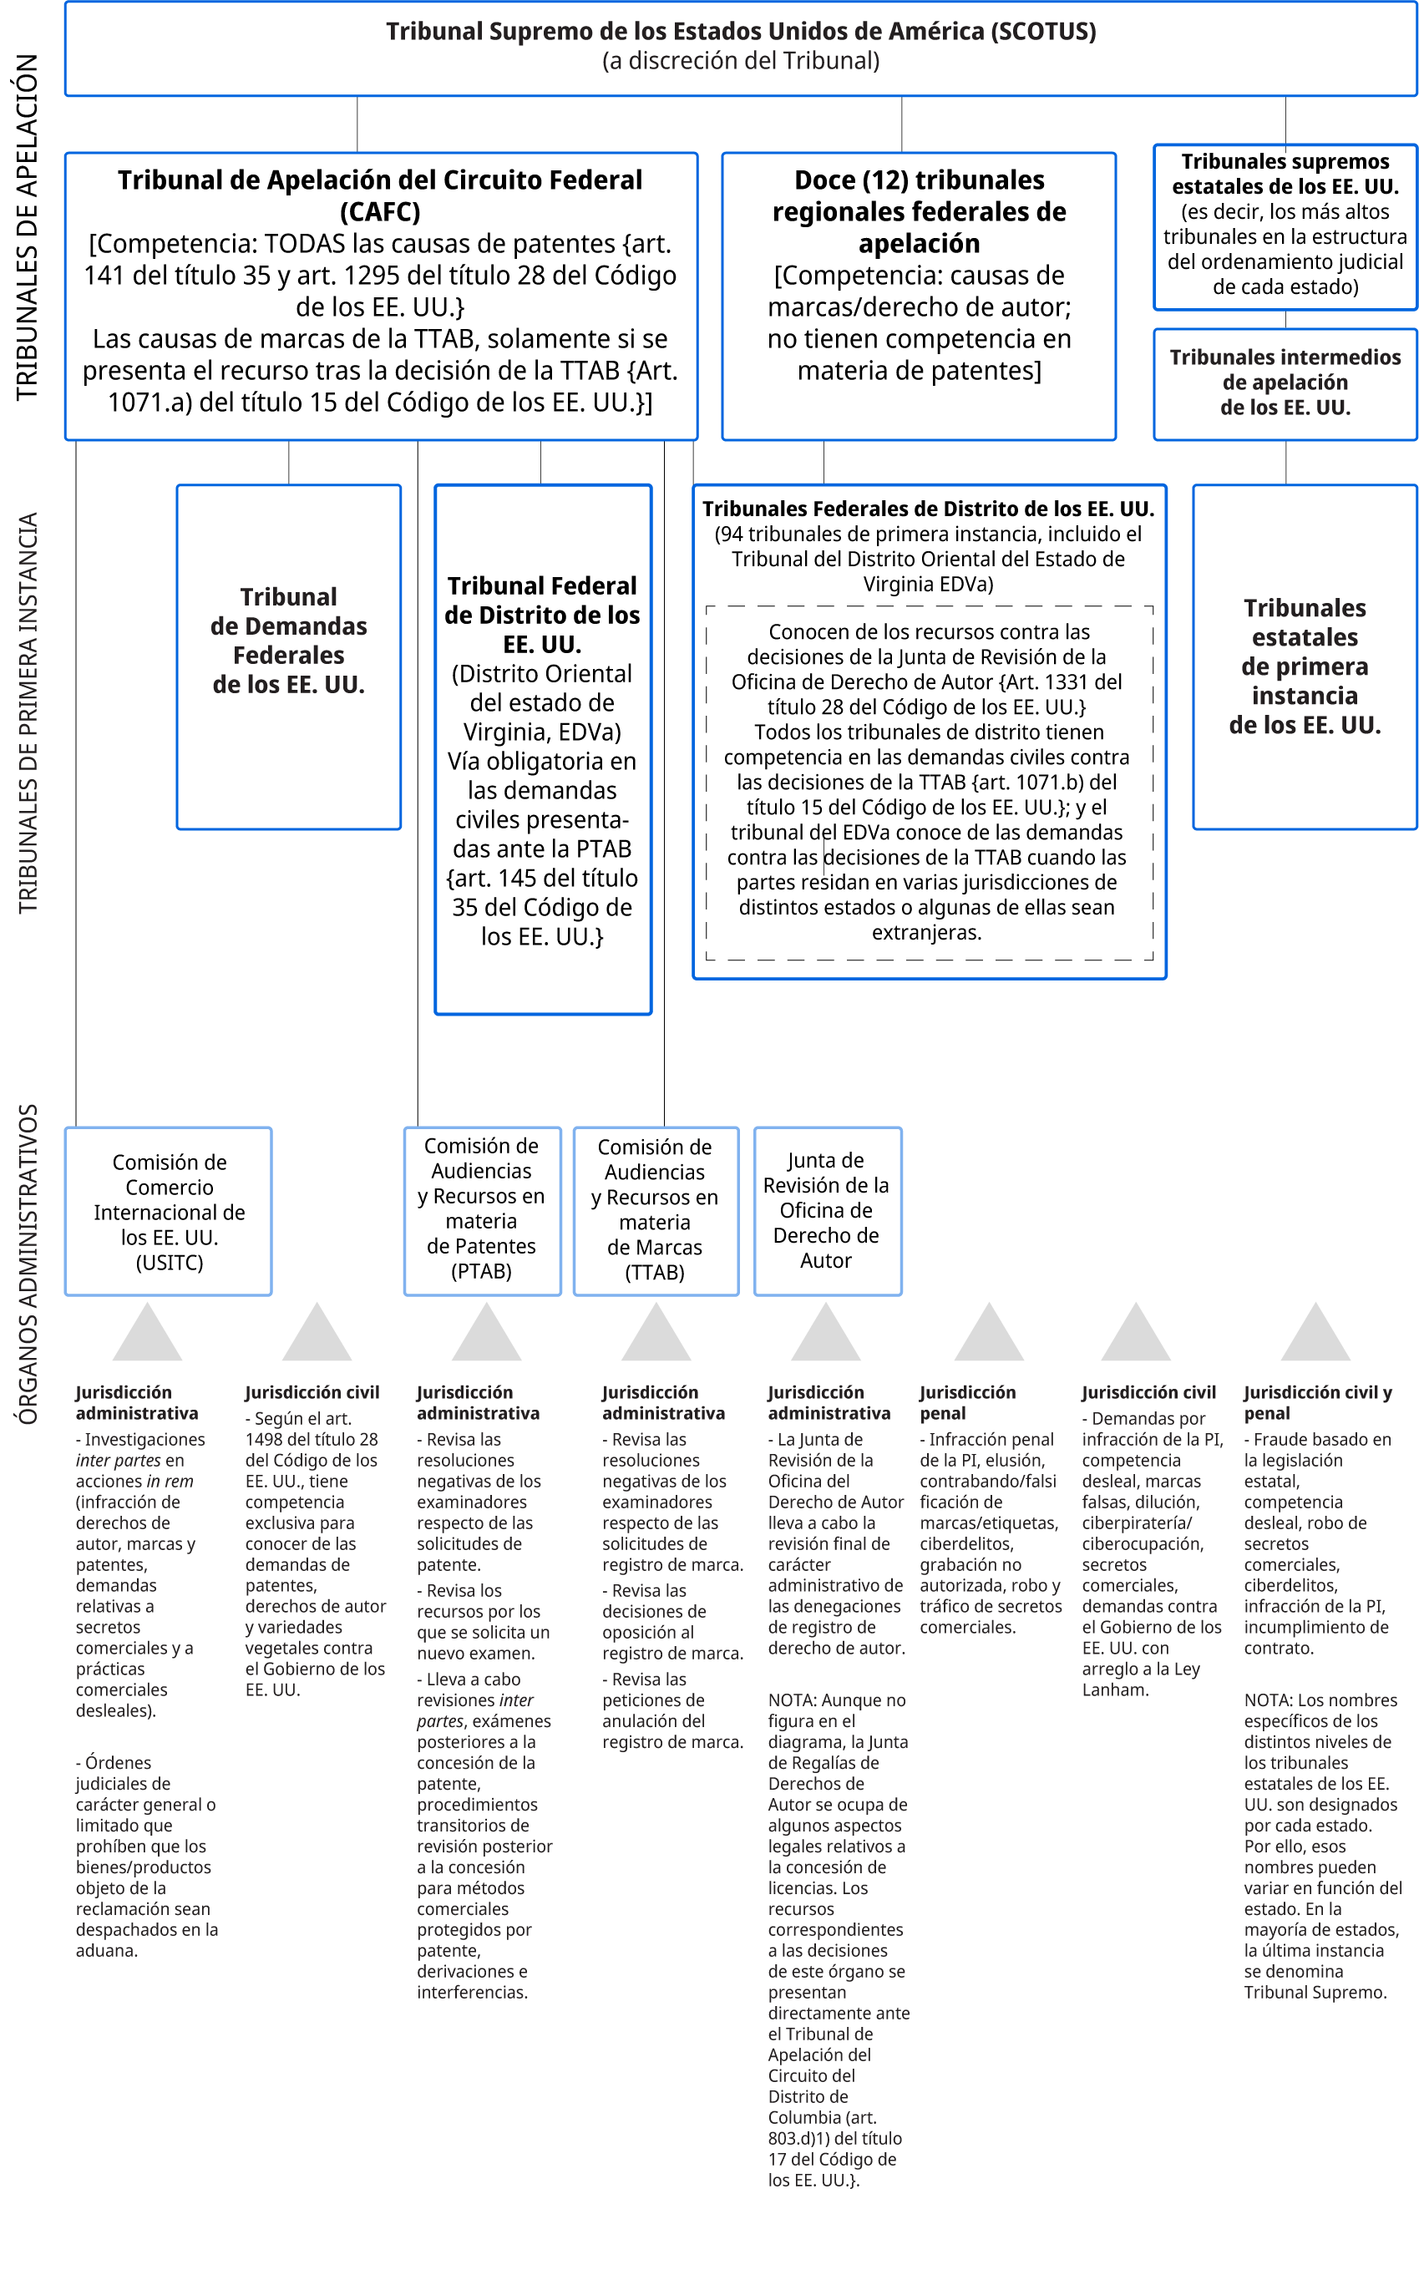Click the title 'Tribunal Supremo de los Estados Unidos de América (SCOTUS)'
coord(741,32)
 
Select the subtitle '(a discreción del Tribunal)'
coord(741,62)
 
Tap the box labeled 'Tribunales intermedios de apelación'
coord(1285,382)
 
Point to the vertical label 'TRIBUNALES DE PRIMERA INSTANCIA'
coord(28,713)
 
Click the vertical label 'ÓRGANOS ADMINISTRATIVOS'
coord(28,1264)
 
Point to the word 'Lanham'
coord(1114,1690)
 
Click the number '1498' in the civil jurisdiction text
coord(265,1439)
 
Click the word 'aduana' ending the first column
coord(105,1951)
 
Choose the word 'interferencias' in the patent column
coord(472,1992)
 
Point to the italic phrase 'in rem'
coord(170,1481)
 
